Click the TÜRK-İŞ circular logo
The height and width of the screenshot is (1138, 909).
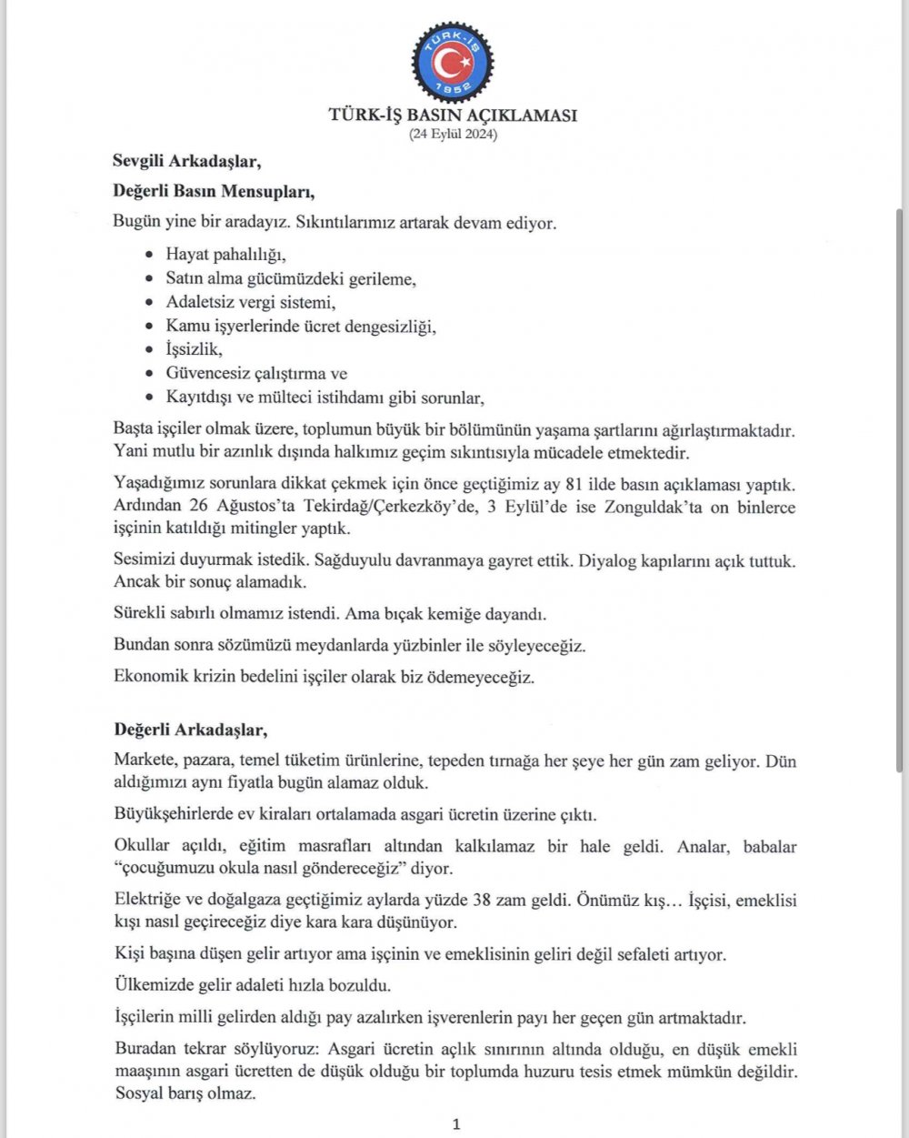453,62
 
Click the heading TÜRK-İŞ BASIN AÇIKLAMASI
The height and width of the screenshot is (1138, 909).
453,116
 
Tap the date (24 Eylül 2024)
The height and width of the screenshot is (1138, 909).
453,135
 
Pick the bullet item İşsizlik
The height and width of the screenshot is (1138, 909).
194,349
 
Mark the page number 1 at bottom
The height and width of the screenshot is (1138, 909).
455,1124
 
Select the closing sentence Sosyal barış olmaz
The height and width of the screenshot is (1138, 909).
185,1093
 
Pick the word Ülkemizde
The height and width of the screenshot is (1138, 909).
150,985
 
